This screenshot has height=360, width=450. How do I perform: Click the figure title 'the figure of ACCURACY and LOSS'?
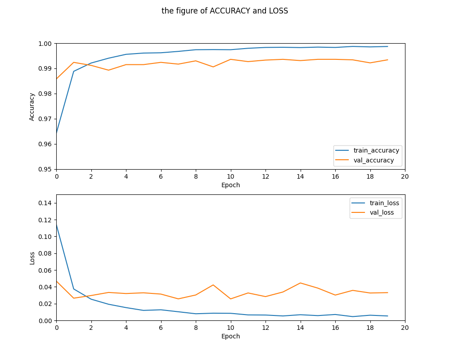coord(225,11)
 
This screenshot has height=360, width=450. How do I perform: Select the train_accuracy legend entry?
coord(376,150)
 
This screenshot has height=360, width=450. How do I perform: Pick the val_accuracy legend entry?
coord(373,160)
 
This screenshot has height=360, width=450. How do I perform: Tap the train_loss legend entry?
coord(384,203)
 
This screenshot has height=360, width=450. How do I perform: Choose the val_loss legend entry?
coord(382,213)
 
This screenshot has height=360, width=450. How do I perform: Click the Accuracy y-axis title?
coord(32,107)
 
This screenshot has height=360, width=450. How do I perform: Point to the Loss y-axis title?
coord(32,258)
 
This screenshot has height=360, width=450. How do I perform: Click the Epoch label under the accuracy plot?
coord(230,185)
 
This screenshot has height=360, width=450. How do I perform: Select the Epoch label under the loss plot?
coord(230,336)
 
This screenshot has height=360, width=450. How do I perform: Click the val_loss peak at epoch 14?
coord(300,283)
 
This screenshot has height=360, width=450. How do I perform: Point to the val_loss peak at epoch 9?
coord(213,285)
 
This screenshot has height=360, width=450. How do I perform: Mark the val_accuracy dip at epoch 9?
coord(213,67)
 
